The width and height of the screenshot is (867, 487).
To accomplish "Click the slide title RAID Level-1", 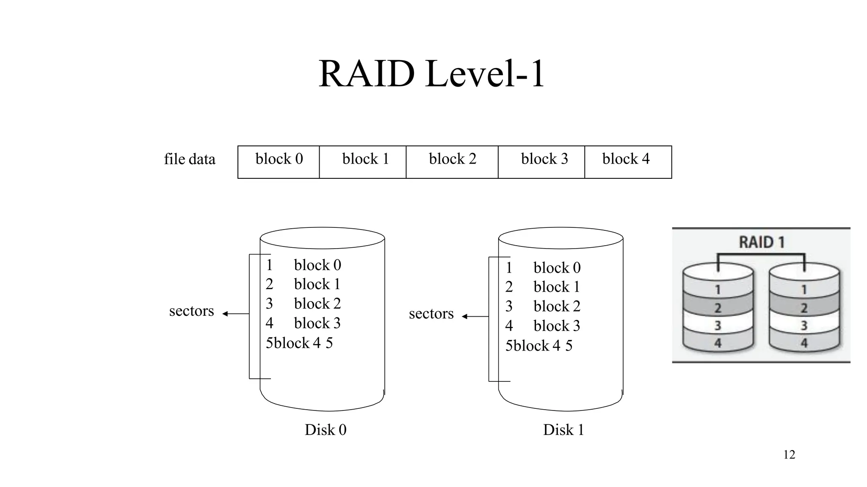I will coord(431,74).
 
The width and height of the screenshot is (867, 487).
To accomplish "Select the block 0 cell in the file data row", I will coord(279,161).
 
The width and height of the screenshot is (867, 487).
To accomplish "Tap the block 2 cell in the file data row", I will coord(452,161).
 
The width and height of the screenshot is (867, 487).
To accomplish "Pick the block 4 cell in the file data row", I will coord(627,161).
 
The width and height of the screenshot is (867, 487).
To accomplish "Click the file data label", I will coord(190,159).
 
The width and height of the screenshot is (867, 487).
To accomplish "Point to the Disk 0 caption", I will coord(326,430).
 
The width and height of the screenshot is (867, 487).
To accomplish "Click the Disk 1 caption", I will coord(563,430).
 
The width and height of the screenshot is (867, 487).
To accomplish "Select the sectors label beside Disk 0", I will coord(191,311).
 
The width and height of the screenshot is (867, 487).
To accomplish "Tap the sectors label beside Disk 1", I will coord(431,314).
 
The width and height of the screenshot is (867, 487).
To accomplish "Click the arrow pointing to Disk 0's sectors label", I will coord(235,314).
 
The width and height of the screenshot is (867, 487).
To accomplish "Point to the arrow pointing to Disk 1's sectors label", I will coord(475,316).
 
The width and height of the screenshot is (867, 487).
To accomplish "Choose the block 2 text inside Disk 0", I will coord(317,304).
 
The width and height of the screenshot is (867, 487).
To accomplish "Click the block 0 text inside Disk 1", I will coord(557,268).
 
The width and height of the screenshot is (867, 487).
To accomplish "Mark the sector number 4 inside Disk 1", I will coord(509,326).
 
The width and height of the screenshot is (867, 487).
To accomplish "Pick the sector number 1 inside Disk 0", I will coord(269,265).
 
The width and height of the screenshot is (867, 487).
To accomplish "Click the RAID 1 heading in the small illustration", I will coord(761,242).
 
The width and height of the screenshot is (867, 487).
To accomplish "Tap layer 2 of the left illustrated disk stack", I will coord(718,308).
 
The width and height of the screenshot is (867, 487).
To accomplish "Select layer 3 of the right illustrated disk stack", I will coord(804,326).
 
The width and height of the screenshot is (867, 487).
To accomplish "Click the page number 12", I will coord(789,455).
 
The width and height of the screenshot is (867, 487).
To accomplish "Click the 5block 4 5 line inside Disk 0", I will coord(299,343).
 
